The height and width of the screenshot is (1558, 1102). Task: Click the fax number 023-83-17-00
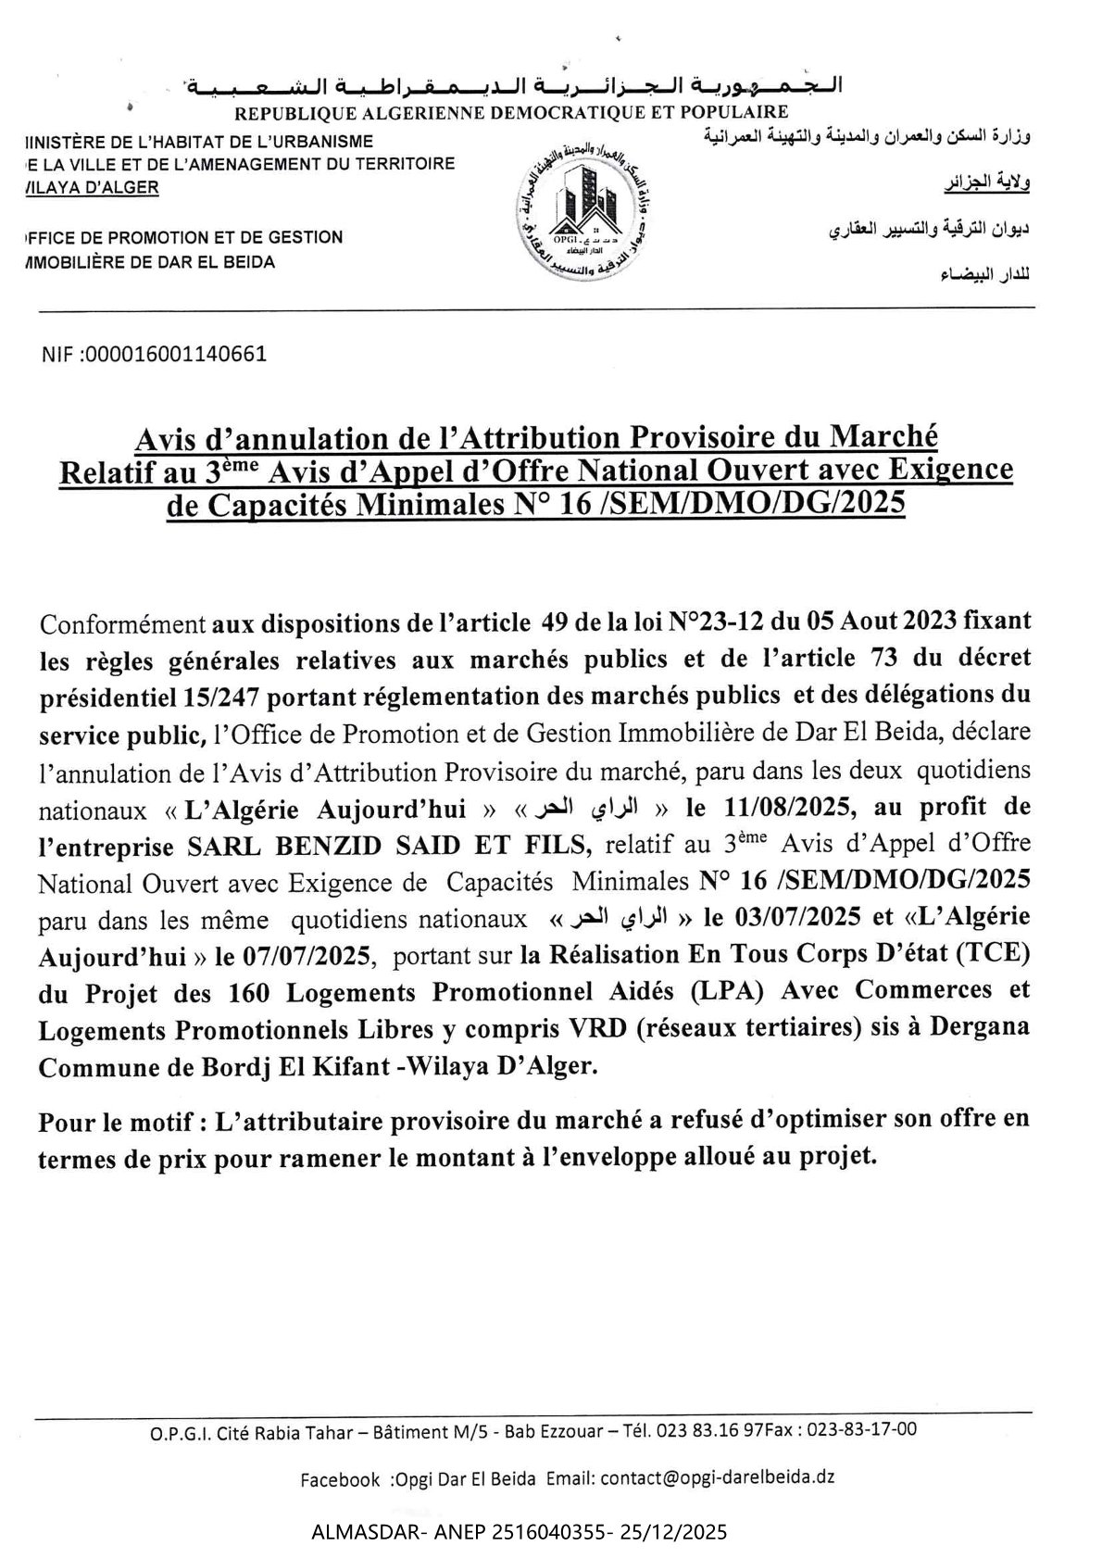(x=862, y=1429)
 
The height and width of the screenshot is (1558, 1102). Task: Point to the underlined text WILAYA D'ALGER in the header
(x=93, y=187)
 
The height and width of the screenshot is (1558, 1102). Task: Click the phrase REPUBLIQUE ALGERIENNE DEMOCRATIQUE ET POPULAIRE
(x=510, y=113)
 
